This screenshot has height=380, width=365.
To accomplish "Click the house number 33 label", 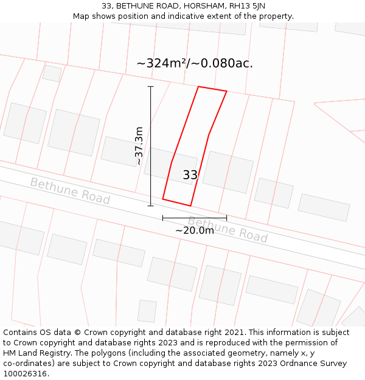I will [x=190, y=175].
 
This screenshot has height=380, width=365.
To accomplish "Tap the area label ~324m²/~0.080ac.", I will [x=195, y=63].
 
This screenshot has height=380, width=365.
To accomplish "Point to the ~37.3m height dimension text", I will [x=139, y=146].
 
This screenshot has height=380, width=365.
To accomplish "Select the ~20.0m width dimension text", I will [x=195, y=230].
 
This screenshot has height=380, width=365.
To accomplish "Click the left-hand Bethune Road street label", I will [x=70, y=191].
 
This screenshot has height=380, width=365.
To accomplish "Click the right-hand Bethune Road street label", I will [x=228, y=229].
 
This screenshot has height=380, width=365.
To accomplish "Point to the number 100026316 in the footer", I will [x=25, y=374].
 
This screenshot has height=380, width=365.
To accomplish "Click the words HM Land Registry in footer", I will [x=35, y=353].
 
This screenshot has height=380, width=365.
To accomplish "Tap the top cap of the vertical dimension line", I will [x=151, y=87].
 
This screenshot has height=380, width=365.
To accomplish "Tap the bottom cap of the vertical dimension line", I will [x=151, y=206].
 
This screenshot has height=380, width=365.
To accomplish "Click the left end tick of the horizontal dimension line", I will [x=162, y=218].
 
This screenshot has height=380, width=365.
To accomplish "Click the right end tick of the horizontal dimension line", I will [x=226, y=218].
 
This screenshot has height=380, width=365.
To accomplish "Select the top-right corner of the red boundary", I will [x=226, y=92].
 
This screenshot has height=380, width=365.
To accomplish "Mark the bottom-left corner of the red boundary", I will [x=163, y=198].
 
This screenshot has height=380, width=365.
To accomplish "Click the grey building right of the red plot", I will [x=228, y=172].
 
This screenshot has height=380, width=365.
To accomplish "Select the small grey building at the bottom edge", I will [x=147, y=311].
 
